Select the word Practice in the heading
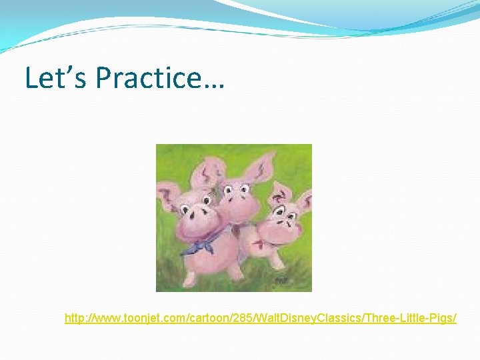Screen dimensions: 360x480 [x=147, y=78]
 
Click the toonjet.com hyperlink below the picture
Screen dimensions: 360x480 [x=261, y=319]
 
